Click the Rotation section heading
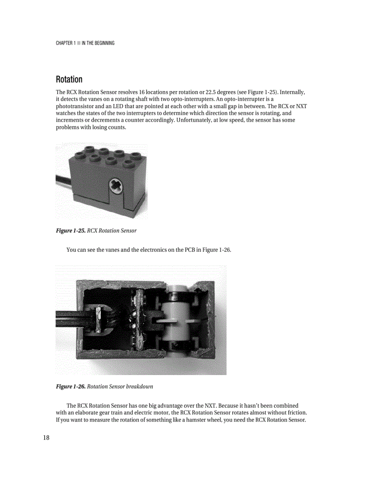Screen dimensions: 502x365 click(69, 80)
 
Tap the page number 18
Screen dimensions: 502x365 click(47, 438)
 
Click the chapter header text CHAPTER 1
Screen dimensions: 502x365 click(65, 43)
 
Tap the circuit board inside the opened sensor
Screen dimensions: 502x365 click(138, 319)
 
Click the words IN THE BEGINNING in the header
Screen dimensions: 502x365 click(98, 43)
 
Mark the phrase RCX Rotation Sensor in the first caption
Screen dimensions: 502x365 click(112, 231)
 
